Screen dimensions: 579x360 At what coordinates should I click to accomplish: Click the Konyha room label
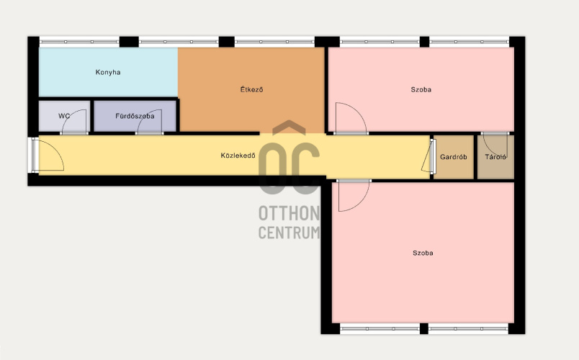pyautogui.click(x=108, y=73)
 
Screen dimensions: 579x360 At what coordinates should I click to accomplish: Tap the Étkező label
pyautogui.click(x=252, y=89)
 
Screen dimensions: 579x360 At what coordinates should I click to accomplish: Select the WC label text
pyautogui.click(x=64, y=116)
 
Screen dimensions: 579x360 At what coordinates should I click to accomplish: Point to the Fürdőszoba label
pyautogui.click(x=135, y=116)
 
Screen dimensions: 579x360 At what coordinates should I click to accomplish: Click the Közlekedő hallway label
pyautogui.click(x=238, y=156)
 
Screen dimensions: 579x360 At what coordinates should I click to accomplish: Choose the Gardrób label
pyautogui.click(x=454, y=157)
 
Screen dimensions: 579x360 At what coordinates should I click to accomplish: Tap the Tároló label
pyautogui.click(x=495, y=157)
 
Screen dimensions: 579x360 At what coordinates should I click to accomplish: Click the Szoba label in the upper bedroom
pyautogui.click(x=421, y=89)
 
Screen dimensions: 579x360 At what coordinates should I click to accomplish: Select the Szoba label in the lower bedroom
pyautogui.click(x=423, y=253)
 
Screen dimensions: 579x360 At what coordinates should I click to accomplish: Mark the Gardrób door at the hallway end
pyautogui.click(x=428, y=156)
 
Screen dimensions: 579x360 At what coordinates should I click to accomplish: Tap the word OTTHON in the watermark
pyautogui.click(x=289, y=213)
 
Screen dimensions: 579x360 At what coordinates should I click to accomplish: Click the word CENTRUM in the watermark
pyautogui.click(x=289, y=233)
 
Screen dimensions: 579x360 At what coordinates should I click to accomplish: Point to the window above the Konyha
pyautogui.click(x=79, y=42)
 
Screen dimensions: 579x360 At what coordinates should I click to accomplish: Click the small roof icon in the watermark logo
pyautogui.click(x=289, y=127)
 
